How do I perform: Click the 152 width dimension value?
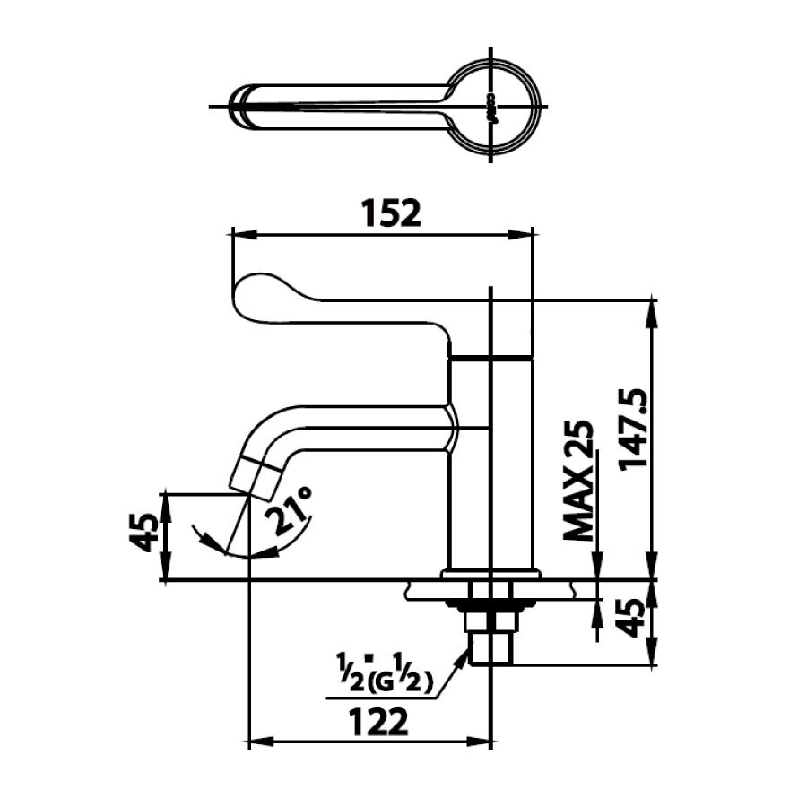pos(390,213)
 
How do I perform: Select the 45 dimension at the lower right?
pos(632,620)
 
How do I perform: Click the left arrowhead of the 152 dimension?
pos(239,235)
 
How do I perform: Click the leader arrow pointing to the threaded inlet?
pos(464,655)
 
